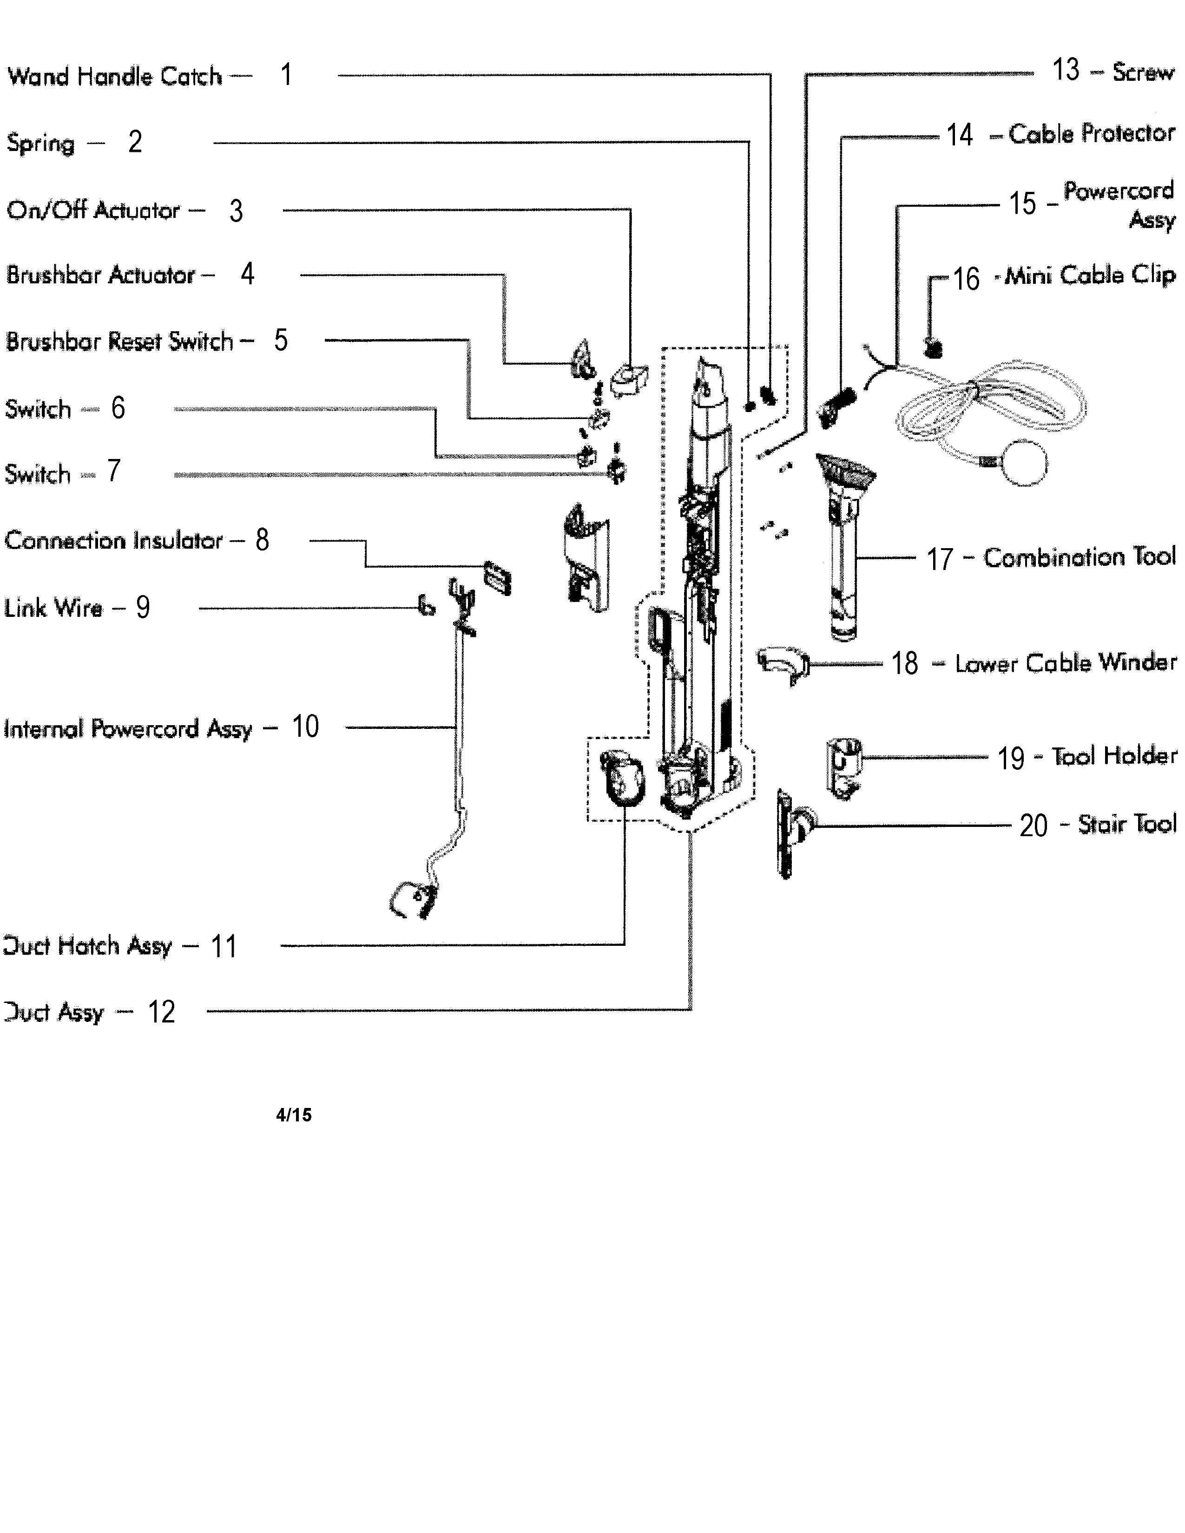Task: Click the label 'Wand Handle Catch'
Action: tap(114, 76)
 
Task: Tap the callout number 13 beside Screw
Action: tap(1065, 70)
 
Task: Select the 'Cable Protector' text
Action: tap(1091, 133)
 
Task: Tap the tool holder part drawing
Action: tap(843, 766)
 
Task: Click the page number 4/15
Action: tap(293, 1114)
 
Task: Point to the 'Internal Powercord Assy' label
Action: tap(128, 728)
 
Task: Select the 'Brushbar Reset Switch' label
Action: tap(119, 341)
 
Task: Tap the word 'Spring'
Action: tap(40, 143)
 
